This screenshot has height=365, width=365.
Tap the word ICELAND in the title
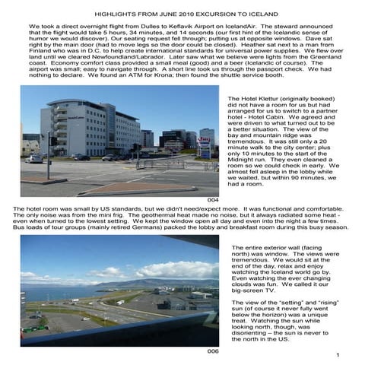257,14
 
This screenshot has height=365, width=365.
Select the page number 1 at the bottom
346,356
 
